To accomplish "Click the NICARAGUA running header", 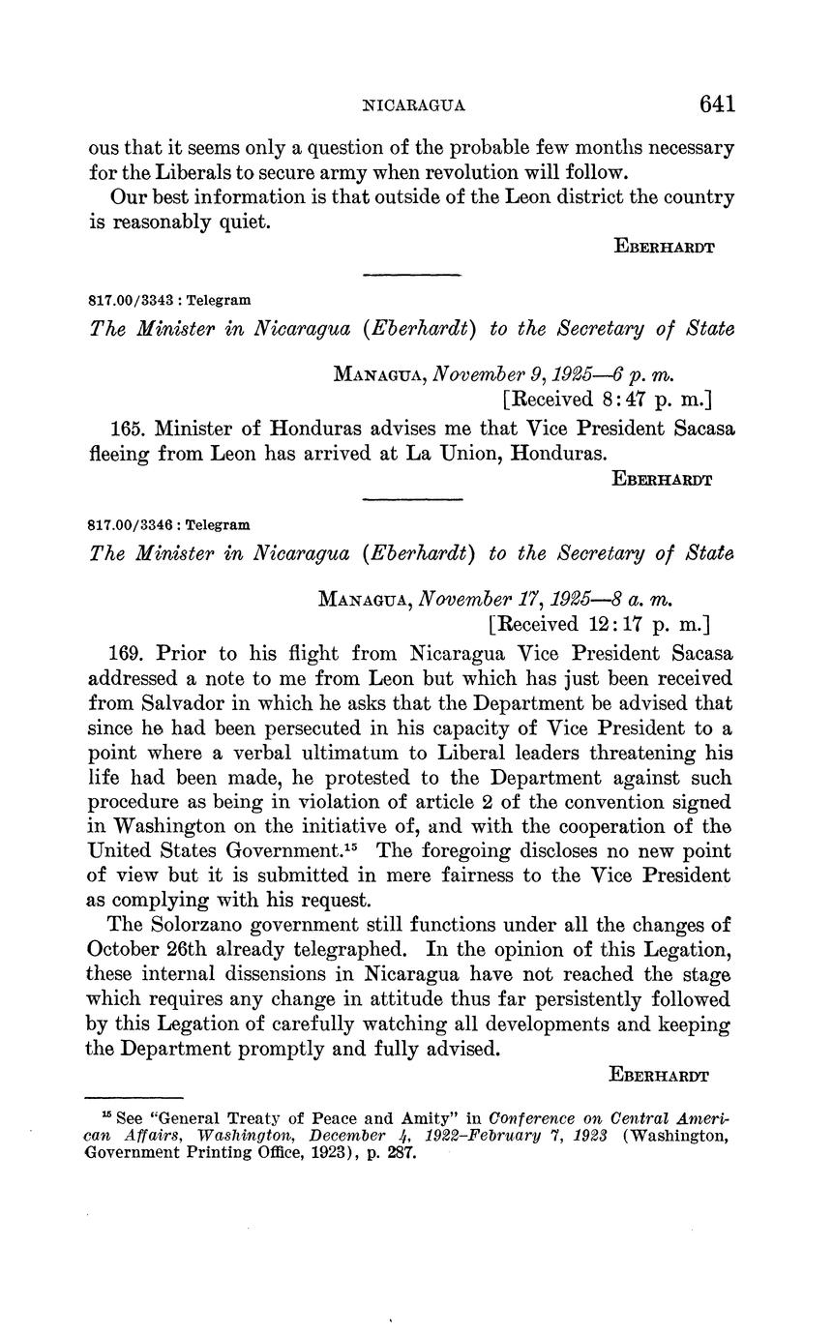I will (x=413, y=105).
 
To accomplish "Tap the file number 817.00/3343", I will (x=128, y=301).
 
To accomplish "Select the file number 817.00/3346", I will (x=128, y=525).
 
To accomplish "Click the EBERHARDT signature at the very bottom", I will (x=659, y=1075).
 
